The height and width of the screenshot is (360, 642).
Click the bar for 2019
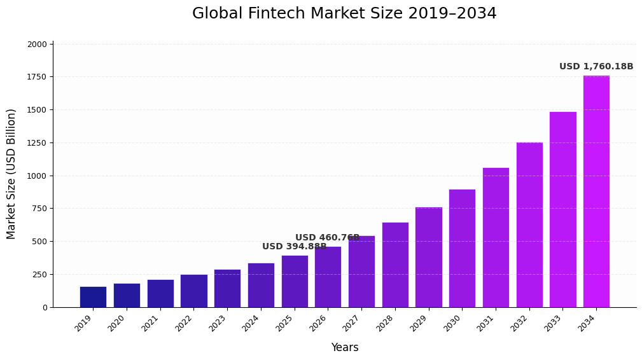pyautogui.click(x=93, y=297)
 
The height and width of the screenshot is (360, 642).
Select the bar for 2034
pyautogui.click(x=596, y=191)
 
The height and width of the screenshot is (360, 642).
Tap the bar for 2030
pyautogui.click(x=462, y=248)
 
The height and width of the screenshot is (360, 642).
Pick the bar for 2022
pyautogui.click(x=193, y=291)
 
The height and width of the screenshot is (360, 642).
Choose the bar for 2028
pyautogui.click(x=395, y=265)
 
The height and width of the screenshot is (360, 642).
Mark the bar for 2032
pyautogui.click(x=529, y=225)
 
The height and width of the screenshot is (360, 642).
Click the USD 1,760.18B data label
pyautogui.click(x=596, y=67)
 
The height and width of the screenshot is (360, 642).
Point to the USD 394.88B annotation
pyautogui.click(x=294, y=247)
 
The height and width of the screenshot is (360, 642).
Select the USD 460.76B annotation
pyautogui.click(x=327, y=238)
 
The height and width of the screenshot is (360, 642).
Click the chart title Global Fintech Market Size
pyautogui.click(x=344, y=14)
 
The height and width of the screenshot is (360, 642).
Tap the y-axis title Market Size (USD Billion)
pyautogui.click(x=11, y=174)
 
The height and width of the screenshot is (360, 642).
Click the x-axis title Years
pyautogui.click(x=344, y=348)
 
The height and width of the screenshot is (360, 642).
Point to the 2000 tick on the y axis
pyautogui.click(x=37, y=45)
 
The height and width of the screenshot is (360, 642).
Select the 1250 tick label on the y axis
pyautogui.click(x=37, y=143)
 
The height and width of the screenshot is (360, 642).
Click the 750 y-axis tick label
pyautogui.click(x=39, y=209)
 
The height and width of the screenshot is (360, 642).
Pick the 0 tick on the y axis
pyautogui.click(x=45, y=308)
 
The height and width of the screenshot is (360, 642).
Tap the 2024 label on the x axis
pyautogui.click(x=251, y=323)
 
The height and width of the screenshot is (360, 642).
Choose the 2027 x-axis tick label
pyautogui.click(x=351, y=323)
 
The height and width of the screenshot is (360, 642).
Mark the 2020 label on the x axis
pyautogui.click(x=116, y=323)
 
